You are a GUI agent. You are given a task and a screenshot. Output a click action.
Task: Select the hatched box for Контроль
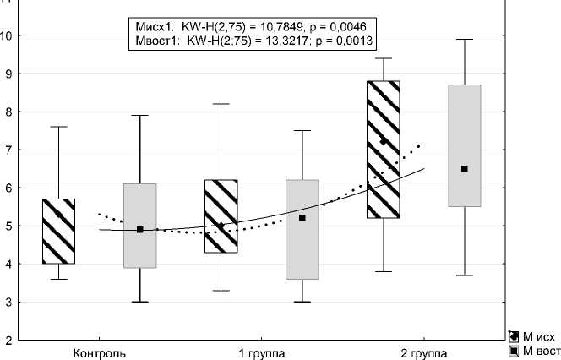click(x=58, y=231)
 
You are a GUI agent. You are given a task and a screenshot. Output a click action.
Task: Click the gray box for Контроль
click(x=140, y=226)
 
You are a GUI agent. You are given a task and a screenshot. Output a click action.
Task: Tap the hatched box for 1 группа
click(x=221, y=216)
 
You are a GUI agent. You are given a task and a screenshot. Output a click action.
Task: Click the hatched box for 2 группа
click(x=384, y=150)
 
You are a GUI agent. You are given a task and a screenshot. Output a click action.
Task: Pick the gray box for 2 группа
click(x=465, y=145)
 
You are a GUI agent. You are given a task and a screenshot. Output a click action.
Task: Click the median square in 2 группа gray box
click(x=465, y=169)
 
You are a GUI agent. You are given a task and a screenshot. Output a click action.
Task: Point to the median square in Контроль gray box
click(x=140, y=230)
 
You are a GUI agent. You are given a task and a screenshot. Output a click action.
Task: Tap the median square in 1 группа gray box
click(x=302, y=218)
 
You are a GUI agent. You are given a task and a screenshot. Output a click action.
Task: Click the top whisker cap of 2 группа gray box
click(x=465, y=39)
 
